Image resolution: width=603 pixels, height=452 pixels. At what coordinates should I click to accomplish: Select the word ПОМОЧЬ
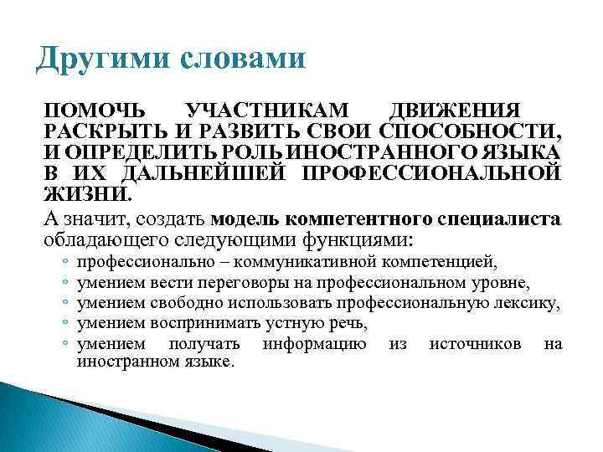click(92, 111)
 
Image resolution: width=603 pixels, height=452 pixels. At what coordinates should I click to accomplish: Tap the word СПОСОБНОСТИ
click(470, 132)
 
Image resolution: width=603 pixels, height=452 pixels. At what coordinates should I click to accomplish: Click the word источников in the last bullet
click(475, 343)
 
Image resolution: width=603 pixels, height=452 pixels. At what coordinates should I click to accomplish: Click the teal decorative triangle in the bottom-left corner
click(33, 419)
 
